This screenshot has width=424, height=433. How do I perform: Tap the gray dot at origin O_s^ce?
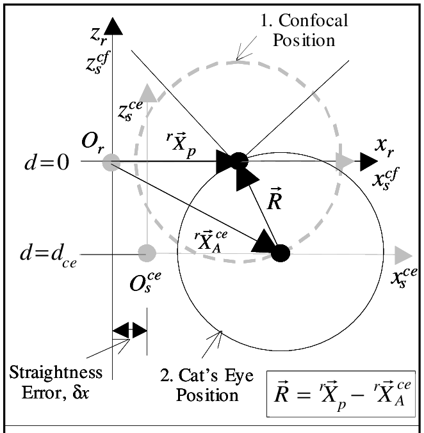pos(148,253)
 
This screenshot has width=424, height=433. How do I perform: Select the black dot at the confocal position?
pos(238,161)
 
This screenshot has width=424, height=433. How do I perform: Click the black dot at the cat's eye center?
pos(280,253)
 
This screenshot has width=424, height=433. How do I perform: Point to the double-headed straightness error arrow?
pos(129,330)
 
